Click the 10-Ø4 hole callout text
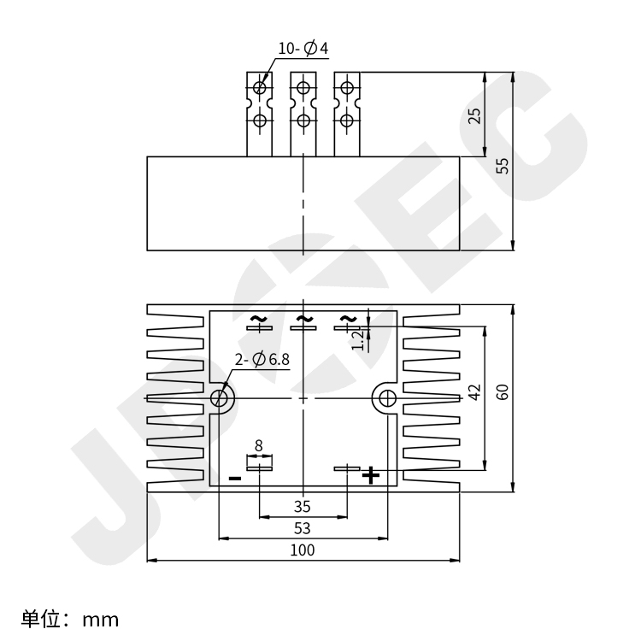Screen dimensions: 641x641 point(303,49)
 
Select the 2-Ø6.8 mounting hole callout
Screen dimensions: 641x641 point(262,359)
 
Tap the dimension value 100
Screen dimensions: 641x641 point(303,550)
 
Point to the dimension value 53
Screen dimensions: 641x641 point(303,528)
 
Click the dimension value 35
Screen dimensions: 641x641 point(303,507)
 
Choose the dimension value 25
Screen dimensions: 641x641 point(474,115)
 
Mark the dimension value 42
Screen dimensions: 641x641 point(474,392)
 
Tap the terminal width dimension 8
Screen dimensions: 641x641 point(258,445)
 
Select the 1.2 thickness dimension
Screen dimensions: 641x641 point(358,340)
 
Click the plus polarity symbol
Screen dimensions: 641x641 point(371,475)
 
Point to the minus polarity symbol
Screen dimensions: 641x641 point(235,479)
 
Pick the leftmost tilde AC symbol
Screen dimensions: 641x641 point(258,319)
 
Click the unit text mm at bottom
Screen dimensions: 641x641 point(101,620)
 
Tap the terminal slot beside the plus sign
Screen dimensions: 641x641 point(347,468)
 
